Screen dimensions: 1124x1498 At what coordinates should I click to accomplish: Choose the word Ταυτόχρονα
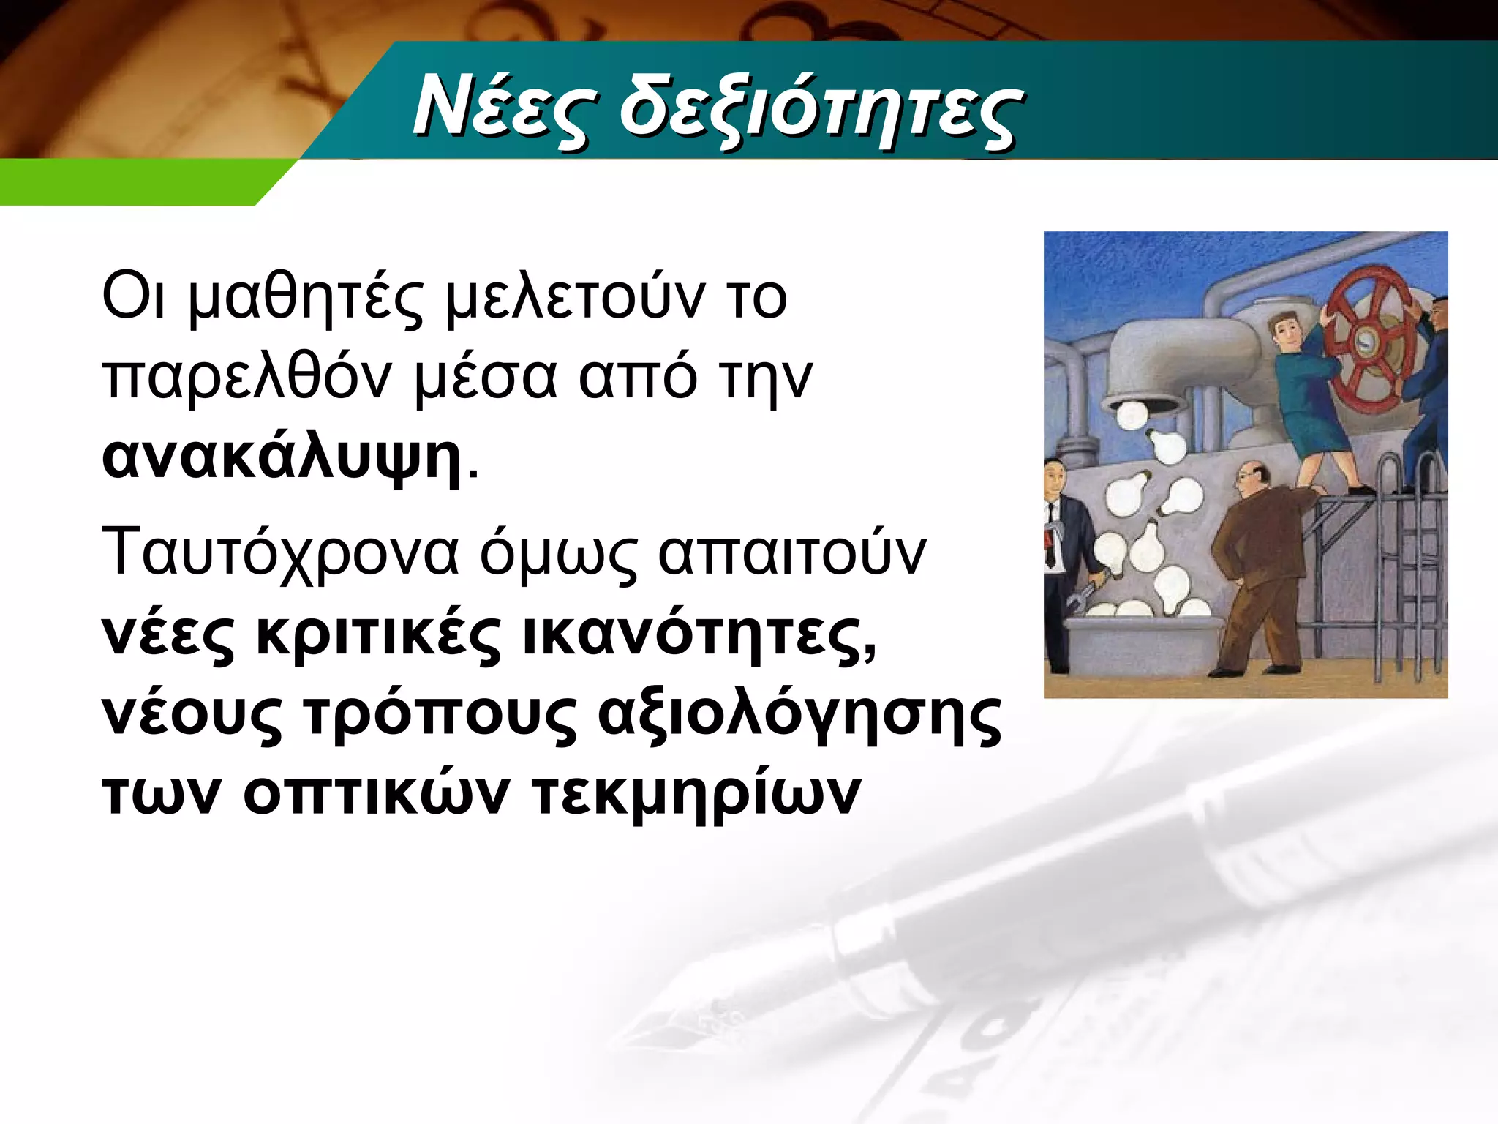[x=282, y=553]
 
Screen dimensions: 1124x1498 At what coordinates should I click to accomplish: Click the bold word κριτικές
[x=377, y=634]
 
